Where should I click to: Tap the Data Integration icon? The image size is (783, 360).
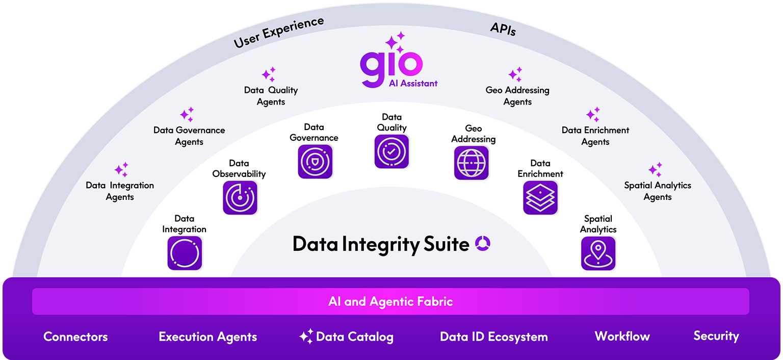[185, 253]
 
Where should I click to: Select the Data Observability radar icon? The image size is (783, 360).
[240, 197]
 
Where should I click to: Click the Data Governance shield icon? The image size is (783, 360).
[315, 161]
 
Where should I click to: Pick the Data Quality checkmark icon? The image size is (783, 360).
[391, 151]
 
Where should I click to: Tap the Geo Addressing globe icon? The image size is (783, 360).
[471, 163]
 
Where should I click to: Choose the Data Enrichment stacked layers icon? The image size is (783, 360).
[540, 197]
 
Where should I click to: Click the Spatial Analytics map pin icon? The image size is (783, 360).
[598, 253]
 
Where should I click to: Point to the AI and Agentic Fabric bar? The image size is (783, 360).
[390, 301]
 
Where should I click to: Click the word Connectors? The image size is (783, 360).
[75, 337]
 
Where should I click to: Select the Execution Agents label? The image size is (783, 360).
[207, 337]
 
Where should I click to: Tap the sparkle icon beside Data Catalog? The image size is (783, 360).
[306, 337]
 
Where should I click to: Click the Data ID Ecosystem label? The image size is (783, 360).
[493, 337]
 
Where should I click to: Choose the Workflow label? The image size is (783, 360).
[622, 336]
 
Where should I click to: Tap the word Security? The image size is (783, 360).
[716, 336]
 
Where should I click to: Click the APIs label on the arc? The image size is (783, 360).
[503, 30]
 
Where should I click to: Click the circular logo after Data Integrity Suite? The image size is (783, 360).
[482, 244]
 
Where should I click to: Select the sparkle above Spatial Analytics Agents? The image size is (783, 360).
[655, 170]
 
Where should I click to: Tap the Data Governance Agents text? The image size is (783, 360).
[189, 136]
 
